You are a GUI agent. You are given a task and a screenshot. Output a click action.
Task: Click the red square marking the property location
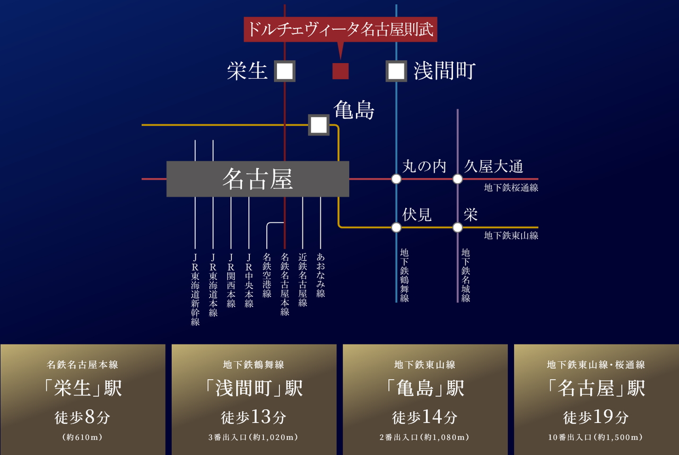tap(341, 71)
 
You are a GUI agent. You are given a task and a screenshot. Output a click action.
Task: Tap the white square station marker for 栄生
tap(285, 71)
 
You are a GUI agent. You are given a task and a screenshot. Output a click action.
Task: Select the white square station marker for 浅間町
tap(396, 71)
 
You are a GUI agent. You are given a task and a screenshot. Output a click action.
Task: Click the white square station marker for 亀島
tap(319, 125)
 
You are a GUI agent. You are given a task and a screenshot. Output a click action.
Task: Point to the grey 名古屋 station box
tap(258, 179)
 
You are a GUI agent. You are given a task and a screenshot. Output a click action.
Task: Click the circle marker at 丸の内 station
tap(396, 179)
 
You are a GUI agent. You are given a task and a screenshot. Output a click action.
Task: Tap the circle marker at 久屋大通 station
tap(457, 179)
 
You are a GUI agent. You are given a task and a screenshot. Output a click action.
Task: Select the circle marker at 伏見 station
tap(396, 227)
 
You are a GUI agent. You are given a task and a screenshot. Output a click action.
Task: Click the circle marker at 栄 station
tap(457, 227)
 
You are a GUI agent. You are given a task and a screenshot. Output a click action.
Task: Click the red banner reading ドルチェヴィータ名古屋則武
tap(341, 29)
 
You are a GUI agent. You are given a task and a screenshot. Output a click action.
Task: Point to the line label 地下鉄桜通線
tap(511, 188)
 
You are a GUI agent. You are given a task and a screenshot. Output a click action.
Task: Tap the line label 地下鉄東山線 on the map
tap(511, 235)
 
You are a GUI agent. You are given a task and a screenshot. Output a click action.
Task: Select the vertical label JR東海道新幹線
tap(195, 290)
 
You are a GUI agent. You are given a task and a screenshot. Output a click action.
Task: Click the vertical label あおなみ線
tap(320, 275)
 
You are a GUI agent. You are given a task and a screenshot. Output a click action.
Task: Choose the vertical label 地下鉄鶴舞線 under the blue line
tap(404, 276)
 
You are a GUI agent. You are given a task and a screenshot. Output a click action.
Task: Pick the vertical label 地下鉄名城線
tap(466, 276)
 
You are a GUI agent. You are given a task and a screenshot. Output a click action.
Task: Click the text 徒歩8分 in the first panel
tap(82, 417)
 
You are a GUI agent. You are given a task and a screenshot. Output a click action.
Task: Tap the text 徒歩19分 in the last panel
tap(596, 417)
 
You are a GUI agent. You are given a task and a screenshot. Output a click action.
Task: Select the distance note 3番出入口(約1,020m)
tap(254, 437)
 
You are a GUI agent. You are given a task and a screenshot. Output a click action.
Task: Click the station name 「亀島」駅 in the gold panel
tap(425, 388)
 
